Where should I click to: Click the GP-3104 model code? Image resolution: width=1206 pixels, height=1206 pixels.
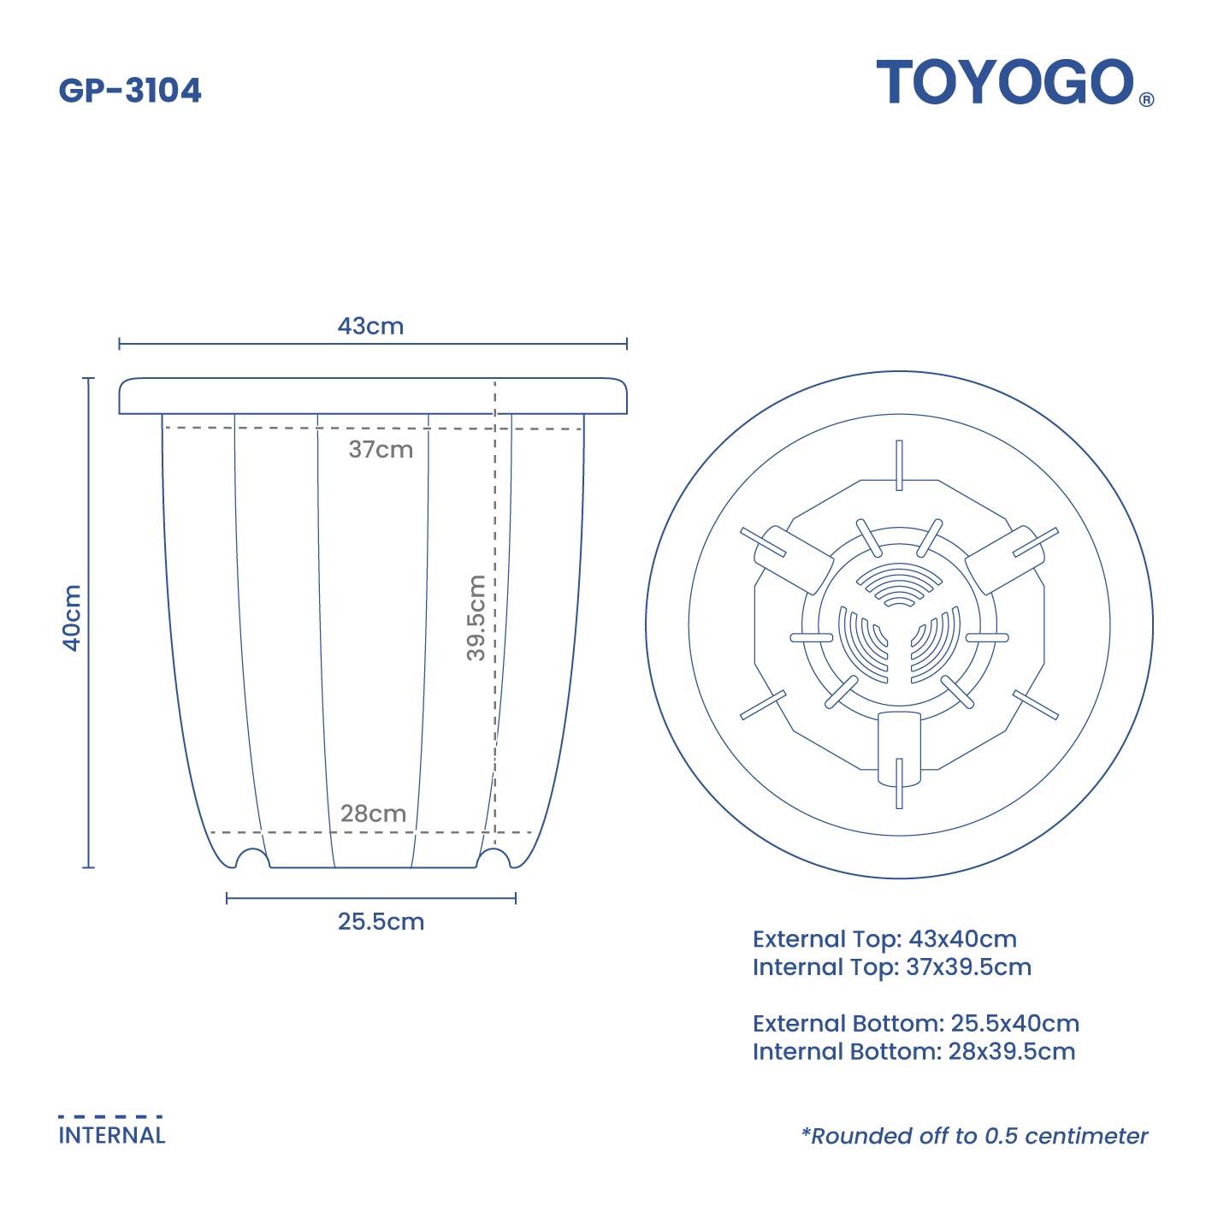point(130,91)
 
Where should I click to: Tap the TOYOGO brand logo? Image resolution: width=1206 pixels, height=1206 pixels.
point(1005,83)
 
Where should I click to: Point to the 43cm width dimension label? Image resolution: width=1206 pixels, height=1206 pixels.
point(370,326)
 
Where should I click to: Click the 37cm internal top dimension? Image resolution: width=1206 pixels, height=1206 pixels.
point(381,449)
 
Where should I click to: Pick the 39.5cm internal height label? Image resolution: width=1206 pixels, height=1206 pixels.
point(476,618)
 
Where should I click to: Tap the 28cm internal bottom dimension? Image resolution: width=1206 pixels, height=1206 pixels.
point(373,813)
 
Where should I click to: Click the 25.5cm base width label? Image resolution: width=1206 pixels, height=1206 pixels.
point(381,922)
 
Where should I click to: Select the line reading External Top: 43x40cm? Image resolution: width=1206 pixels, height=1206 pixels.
point(884,939)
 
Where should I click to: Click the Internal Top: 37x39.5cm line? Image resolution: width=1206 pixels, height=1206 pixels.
point(891,967)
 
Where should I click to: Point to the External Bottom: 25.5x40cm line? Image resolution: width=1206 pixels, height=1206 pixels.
point(915,1023)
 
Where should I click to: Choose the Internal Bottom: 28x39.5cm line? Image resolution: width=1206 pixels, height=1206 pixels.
point(913,1051)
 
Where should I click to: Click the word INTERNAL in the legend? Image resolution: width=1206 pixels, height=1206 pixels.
point(112,1136)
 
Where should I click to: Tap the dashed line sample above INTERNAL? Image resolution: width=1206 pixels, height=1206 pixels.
point(110,1116)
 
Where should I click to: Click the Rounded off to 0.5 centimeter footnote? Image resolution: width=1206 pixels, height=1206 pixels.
point(974,1136)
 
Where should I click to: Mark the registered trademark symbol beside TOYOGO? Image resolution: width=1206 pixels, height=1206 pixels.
point(1147,99)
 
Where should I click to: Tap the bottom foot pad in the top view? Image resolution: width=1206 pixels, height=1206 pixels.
point(899,748)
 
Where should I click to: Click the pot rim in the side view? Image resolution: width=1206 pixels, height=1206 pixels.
point(373,396)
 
